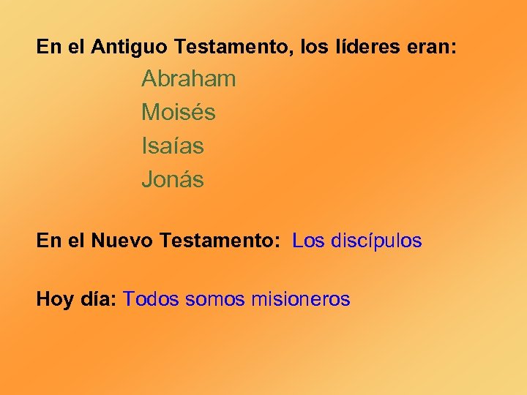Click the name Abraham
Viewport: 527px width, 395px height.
(x=188, y=79)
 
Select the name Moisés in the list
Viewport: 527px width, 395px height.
(x=179, y=113)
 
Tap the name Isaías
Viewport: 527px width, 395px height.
(x=173, y=146)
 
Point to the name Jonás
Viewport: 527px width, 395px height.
(x=173, y=180)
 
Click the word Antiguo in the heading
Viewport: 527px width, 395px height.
(x=132, y=48)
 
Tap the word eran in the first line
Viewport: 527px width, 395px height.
(x=431, y=48)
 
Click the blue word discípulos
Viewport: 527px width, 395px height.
(x=377, y=241)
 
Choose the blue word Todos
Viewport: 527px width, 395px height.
(x=152, y=299)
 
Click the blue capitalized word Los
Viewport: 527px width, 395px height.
(x=308, y=241)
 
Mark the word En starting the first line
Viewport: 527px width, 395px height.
(x=48, y=48)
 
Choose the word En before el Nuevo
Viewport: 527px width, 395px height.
(x=48, y=241)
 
